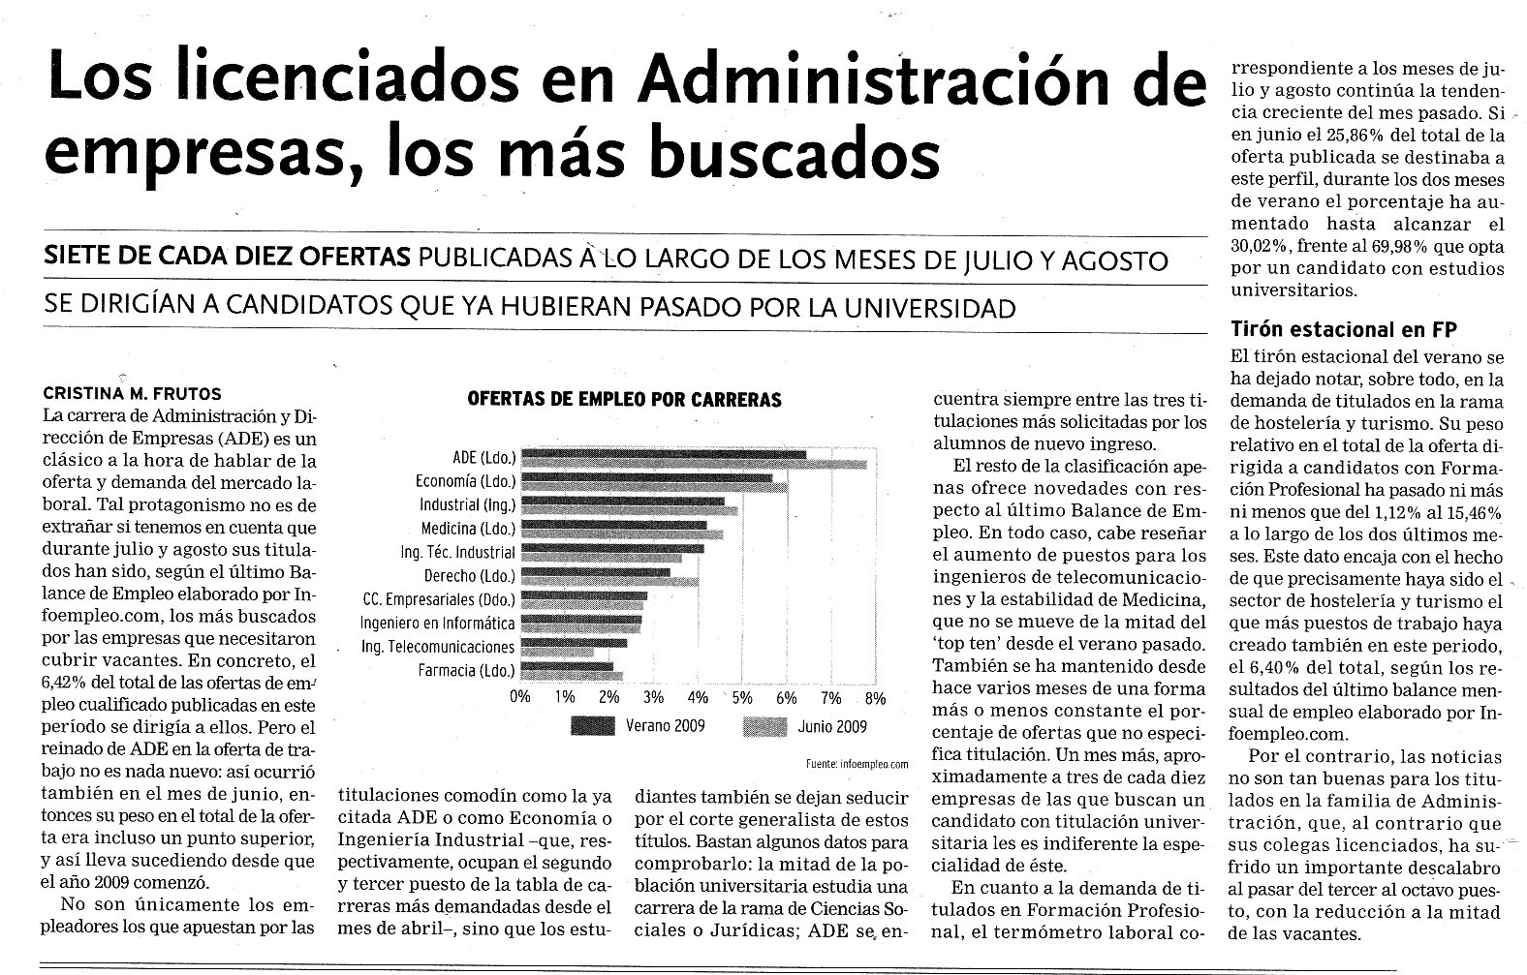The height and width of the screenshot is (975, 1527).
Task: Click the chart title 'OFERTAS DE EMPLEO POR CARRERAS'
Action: click(624, 399)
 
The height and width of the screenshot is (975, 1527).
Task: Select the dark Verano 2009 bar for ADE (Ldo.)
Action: click(664, 454)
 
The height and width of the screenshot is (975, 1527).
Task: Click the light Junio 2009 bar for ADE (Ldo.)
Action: click(694, 464)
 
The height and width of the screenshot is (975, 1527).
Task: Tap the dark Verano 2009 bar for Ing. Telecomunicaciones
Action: click(574, 643)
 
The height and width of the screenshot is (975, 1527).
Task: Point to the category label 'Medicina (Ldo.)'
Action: click(468, 529)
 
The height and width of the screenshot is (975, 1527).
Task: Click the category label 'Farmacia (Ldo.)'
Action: click(467, 670)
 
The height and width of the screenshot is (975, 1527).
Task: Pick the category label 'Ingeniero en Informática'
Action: click(438, 624)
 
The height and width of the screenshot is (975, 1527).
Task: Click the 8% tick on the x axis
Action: click(875, 698)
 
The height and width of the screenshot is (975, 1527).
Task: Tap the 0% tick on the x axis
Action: click(520, 697)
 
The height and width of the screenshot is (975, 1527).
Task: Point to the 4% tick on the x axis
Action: click(698, 698)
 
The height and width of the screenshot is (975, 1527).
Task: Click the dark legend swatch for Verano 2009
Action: click(593, 727)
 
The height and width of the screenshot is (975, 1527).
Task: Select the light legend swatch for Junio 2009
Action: click(764, 727)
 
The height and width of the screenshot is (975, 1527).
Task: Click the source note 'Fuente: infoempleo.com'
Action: click(857, 765)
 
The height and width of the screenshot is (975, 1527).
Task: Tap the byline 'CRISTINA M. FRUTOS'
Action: click(132, 394)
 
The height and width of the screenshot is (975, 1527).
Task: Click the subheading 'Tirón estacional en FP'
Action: click(1344, 330)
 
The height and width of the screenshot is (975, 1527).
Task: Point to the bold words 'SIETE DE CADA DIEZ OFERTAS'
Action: click(227, 257)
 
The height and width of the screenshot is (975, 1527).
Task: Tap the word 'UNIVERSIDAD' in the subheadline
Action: click(930, 308)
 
